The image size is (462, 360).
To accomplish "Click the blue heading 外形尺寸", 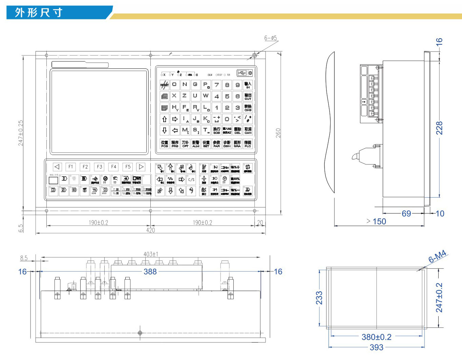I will [x=39, y=13].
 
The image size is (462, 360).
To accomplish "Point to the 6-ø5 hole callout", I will [x=271, y=38].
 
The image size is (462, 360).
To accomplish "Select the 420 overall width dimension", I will [x=150, y=230].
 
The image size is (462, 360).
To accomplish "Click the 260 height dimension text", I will [x=278, y=133].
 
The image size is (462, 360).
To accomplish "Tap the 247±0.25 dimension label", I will [x=21, y=133].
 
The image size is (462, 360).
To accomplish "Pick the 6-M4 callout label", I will [x=437, y=257].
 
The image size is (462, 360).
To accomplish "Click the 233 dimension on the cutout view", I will [x=319, y=298].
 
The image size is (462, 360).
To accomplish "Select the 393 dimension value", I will [x=376, y=347].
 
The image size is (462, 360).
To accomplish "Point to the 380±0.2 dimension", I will [x=376, y=337].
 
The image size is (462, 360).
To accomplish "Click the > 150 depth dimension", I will [x=376, y=221].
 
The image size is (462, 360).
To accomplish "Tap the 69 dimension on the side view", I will [x=406, y=213].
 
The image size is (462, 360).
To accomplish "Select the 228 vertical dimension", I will [x=439, y=128].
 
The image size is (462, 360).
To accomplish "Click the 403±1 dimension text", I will [x=151, y=254].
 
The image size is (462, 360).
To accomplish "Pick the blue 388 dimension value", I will [x=150, y=271].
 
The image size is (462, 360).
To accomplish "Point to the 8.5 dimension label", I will [x=24, y=258].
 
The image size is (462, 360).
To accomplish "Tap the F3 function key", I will [x=99, y=167].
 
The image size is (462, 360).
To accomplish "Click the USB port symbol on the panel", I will [x=241, y=73].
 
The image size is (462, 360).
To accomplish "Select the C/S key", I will [x=191, y=179].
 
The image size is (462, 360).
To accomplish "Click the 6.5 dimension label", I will [x=21, y=228].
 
